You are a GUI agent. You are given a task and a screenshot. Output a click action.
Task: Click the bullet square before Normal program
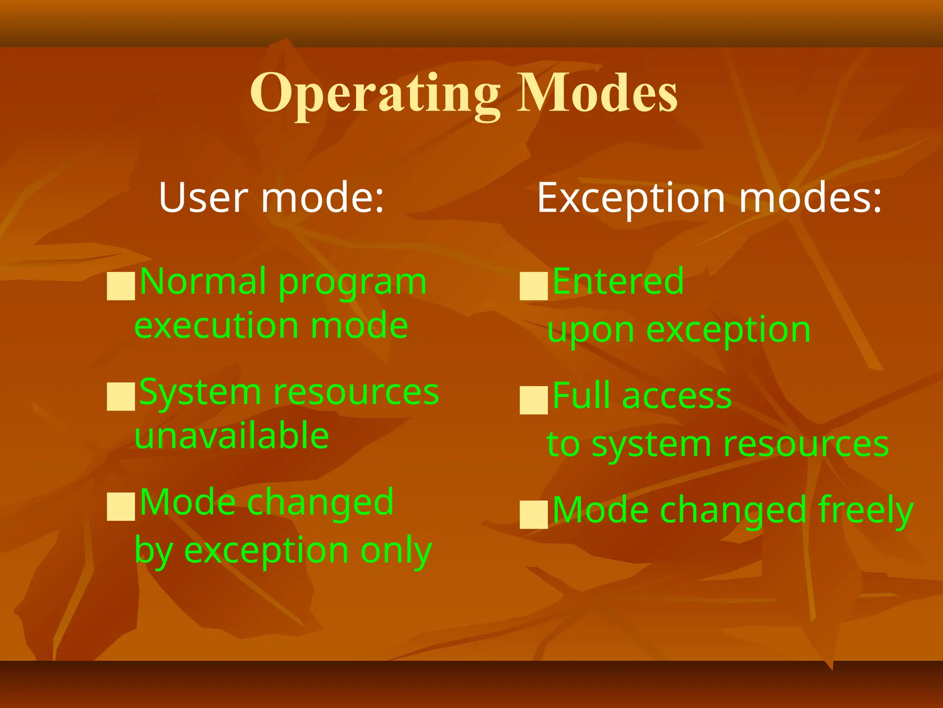click(x=121, y=286)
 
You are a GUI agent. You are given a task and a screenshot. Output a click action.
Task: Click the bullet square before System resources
click(x=121, y=396)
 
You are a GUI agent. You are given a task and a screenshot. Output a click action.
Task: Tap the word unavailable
click(x=232, y=436)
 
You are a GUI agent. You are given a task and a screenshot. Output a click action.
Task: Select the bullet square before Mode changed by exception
click(x=121, y=507)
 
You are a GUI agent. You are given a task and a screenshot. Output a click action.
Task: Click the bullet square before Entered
click(x=534, y=286)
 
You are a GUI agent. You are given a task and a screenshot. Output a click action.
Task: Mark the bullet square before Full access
click(x=534, y=400)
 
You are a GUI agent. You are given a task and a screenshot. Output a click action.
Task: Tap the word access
click(x=677, y=396)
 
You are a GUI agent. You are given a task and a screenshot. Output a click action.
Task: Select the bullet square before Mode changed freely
click(x=534, y=514)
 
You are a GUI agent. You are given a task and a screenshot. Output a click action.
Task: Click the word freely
click(x=866, y=511)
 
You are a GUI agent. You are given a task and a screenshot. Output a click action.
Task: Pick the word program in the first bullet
click(x=353, y=282)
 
